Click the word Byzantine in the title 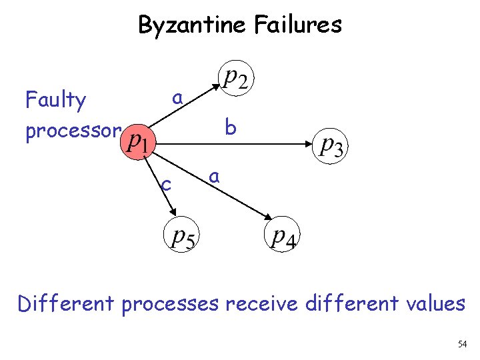(192, 25)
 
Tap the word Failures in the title (298, 25)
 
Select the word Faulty (55, 101)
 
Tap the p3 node (331, 144)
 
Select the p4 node (282, 237)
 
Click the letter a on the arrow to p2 (177, 98)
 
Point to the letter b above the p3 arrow (231, 127)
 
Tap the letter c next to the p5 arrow (167, 183)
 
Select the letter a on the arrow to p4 (214, 177)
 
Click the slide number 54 (463, 344)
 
